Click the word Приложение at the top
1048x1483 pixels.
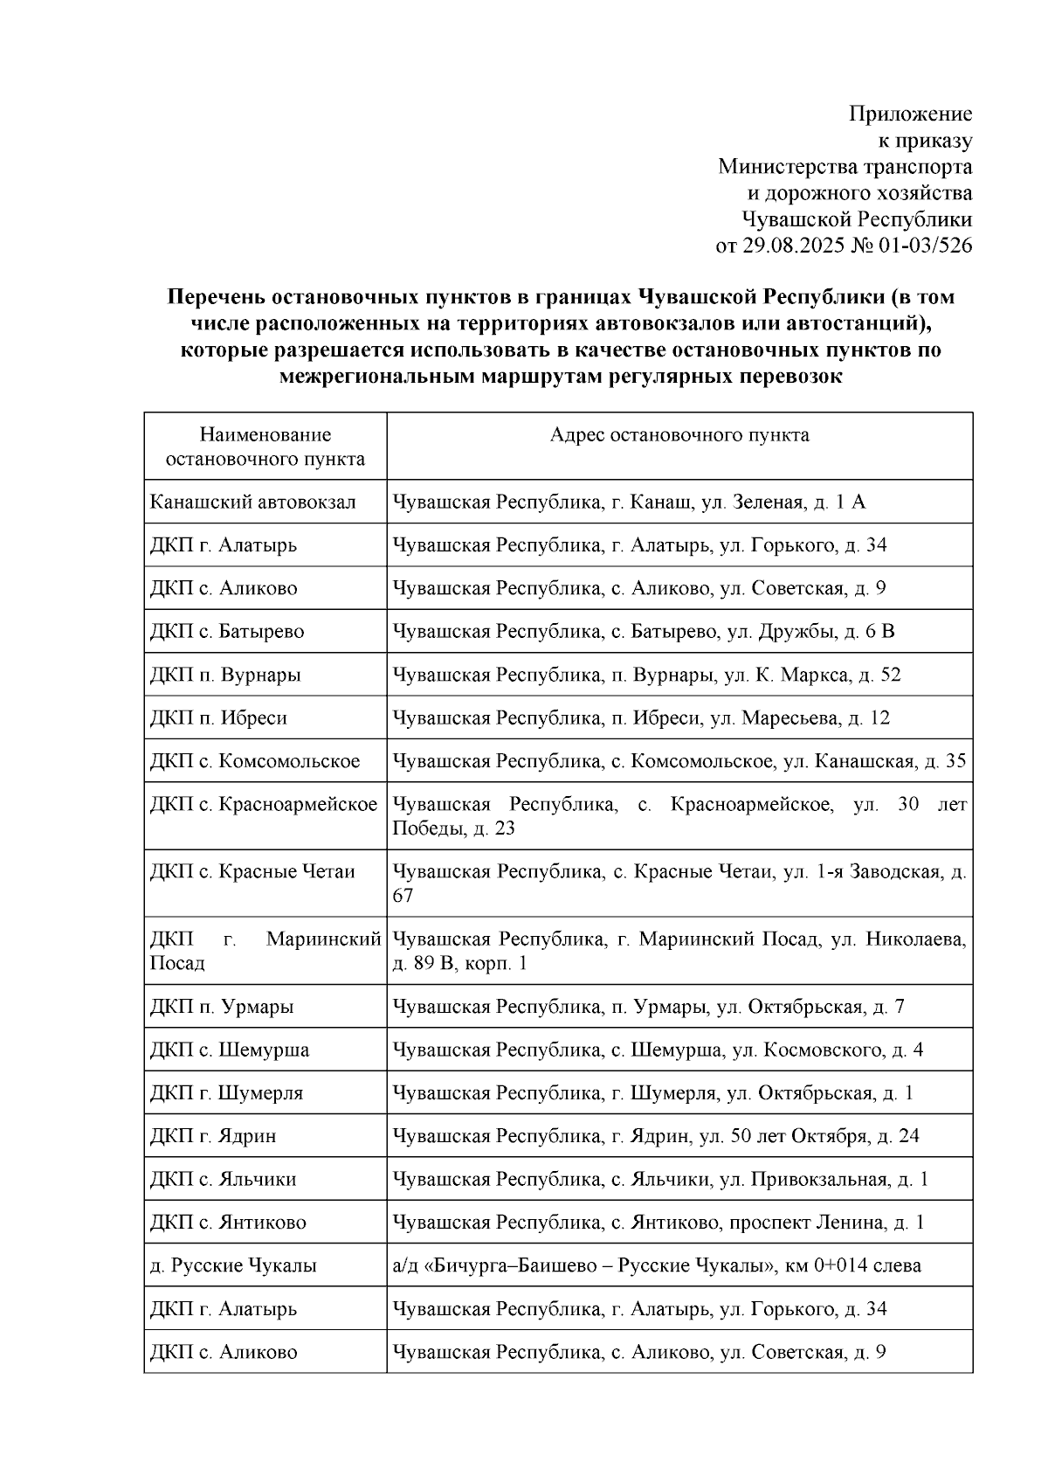[911, 114]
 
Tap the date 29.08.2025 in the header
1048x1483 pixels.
[794, 246]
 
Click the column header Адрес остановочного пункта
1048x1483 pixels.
[679, 435]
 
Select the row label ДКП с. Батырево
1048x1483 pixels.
[227, 631]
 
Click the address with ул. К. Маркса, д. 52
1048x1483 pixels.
[646, 675]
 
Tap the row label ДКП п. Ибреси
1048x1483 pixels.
[218, 717]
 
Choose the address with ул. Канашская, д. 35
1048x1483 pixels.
[679, 761]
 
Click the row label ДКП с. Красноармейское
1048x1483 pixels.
[264, 804]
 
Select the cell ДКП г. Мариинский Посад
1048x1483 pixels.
[264, 951]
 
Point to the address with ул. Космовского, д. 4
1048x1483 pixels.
[657, 1050]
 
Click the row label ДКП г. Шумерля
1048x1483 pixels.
[226, 1093]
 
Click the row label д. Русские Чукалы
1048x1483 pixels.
[233, 1265]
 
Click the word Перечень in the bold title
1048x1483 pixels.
[215, 297]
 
